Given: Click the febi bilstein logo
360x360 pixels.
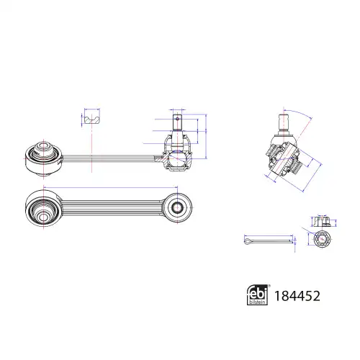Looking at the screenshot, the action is point(258,294).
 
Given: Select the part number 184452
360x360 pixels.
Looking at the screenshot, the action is point(297,296).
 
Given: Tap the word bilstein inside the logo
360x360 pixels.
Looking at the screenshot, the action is point(258,302).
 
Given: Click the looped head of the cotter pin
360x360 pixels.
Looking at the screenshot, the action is point(247,241).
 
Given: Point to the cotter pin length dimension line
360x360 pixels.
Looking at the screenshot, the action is point(269,235).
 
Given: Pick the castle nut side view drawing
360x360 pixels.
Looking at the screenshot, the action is point(322,222).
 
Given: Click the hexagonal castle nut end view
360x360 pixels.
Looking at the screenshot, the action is point(321,239).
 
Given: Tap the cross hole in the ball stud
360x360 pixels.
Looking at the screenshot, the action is point(177,118).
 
